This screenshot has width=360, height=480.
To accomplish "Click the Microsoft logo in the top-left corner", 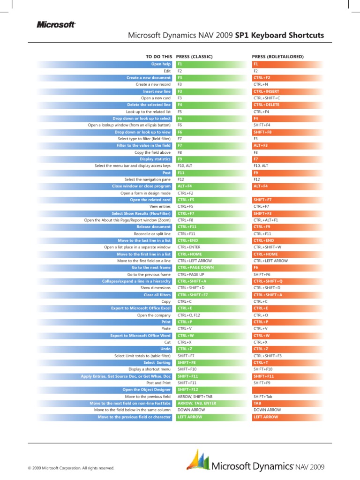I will [56, 25].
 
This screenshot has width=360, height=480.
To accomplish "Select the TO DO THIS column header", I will [159, 57].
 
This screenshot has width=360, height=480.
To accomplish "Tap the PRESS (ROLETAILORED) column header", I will [278, 57].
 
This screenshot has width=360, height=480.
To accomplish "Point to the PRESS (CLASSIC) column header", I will [195, 57].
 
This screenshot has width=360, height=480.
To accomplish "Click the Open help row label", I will [161, 64].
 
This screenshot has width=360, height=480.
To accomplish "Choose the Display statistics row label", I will [156, 159].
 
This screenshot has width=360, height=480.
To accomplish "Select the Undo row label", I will [165, 349].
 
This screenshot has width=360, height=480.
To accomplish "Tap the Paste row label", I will [166, 329].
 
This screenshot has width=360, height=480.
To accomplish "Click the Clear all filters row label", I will [157, 295].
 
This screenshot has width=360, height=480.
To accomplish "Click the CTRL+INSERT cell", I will [266, 91].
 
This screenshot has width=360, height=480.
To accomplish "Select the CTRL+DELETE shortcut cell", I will [266, 105].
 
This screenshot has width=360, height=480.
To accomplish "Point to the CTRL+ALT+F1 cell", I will [266, 220].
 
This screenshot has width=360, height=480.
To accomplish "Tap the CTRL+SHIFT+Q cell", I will [268, 281].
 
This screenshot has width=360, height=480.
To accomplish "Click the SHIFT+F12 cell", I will [187, 390].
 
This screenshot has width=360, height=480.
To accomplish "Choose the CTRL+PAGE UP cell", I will [191, 274].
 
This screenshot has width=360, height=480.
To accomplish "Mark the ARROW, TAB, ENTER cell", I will [197, 403].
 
